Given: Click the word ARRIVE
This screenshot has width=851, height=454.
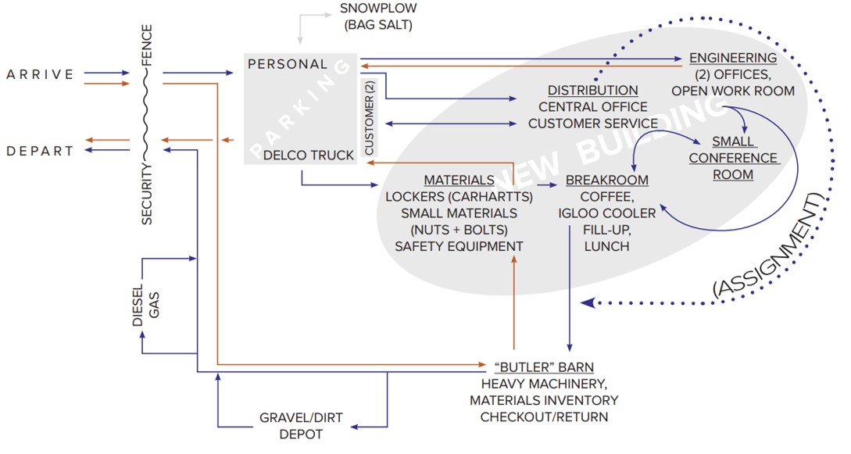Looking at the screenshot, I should [x=41, y=75].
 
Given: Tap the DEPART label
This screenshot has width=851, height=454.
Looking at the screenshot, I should [x=41, y=150].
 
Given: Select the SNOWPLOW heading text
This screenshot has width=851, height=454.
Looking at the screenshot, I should [x=379, y=9].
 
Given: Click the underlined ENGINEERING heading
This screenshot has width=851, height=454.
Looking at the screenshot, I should [x=733, y=58].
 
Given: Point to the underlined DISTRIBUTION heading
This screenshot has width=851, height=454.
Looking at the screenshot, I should [x=593, y=90].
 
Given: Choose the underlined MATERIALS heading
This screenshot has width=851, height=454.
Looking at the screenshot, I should [x=459, y=181].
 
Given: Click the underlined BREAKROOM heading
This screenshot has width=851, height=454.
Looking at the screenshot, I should [x=607, y=181].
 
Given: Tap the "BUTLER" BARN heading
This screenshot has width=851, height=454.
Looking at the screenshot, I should [x=543, y=367].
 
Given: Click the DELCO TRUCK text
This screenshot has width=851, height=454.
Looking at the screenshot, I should [x=308, y=156].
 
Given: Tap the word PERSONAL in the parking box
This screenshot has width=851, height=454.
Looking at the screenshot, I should [x=288, y=64].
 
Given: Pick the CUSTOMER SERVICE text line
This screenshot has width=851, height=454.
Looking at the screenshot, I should [x=593, y=123].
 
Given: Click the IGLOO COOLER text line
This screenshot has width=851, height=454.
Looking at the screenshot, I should [x=607, y=213].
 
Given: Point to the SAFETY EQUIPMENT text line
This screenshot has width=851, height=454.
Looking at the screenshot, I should [x=459, y=246].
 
